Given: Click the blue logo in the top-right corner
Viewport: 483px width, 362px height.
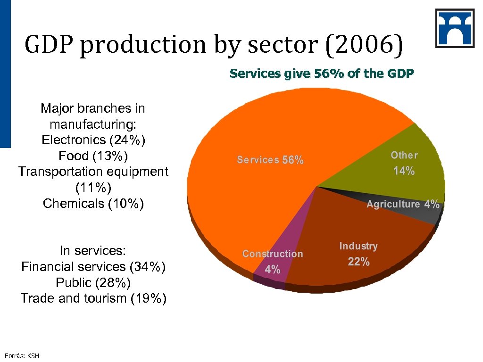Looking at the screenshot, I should (455, 28).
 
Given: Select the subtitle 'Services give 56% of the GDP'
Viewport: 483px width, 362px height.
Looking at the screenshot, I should (322, 74).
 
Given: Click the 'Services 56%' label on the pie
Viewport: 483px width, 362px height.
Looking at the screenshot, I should (270, 160).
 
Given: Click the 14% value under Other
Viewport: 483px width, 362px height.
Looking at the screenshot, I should (404, 171).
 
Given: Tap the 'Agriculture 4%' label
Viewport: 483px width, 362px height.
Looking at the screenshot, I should (403, 204).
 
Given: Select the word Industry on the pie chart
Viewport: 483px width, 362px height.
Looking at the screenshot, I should (358, 246).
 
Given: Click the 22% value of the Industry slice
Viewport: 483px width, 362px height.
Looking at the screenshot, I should (358, 262).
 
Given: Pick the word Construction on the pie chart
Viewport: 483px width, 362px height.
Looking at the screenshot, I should (273, 254).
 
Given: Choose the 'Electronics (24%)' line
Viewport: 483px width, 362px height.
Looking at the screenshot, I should (93, 140).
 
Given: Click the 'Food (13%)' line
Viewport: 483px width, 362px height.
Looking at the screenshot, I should (93, 156).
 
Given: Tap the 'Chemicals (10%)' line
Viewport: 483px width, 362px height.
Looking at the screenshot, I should (93, 204).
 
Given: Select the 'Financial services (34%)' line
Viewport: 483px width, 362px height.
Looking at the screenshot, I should (93, 267).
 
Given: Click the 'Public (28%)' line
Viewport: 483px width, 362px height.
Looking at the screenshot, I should (93, 283).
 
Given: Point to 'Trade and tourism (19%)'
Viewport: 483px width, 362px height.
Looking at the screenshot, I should (93, 298).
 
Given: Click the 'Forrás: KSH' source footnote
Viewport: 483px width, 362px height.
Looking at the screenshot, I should (22, 356).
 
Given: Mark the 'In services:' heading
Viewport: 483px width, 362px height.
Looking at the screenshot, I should (93, 251).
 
